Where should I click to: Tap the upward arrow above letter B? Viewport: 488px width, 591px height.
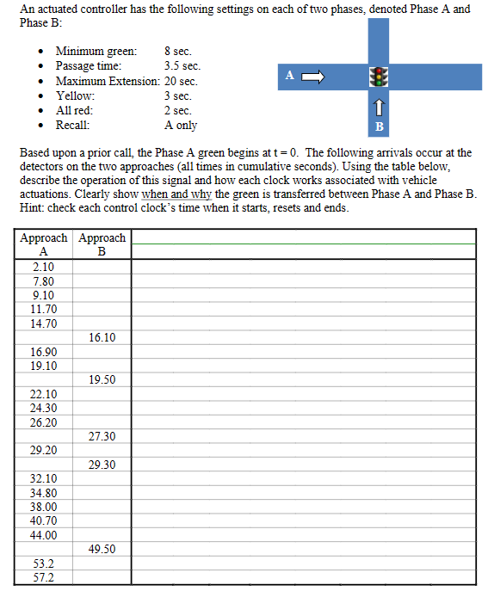point(376,108)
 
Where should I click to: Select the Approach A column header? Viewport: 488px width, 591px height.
point(44,244)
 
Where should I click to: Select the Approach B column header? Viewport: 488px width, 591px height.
point(102,244)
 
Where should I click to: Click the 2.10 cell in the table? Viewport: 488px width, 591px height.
point(43,267)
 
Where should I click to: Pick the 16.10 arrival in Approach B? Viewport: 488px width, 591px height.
point(102,337)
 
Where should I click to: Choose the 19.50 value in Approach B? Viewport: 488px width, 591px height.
point(102,379)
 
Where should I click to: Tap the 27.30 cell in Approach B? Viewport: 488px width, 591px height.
point(102,436)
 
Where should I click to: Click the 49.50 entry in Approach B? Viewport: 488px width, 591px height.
point(102,549)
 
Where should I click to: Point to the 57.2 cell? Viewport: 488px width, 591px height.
point(43,577)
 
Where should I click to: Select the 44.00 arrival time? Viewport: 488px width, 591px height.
point(43,535)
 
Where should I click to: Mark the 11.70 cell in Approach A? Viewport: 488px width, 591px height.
point(43,309)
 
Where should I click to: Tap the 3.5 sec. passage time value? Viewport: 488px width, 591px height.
point(182,66)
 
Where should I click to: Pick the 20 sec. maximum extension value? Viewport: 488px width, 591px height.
point(181,81)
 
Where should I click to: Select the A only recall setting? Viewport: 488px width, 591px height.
point(181,125)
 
